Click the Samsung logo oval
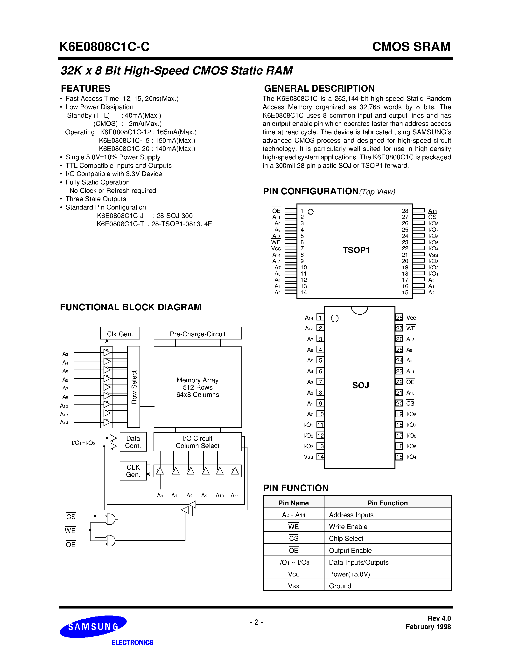point(93,626)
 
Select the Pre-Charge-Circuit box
point(197,334)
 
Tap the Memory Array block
point(197,387)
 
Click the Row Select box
point(134,387)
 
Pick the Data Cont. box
point(133,442)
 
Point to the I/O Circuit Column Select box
point(197,442)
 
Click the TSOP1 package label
point(356,250)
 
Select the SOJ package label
point(360,385)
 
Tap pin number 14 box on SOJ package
point(320,457)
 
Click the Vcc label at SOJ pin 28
point(411,318)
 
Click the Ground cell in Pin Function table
point(340,586)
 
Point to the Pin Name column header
point(293,503)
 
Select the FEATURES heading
point(85,88)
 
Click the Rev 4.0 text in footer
point(439,618)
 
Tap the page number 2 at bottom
point(256,622)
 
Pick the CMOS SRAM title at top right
point(411,47)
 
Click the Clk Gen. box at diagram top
point(120,334)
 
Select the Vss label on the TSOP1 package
point(433,255)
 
